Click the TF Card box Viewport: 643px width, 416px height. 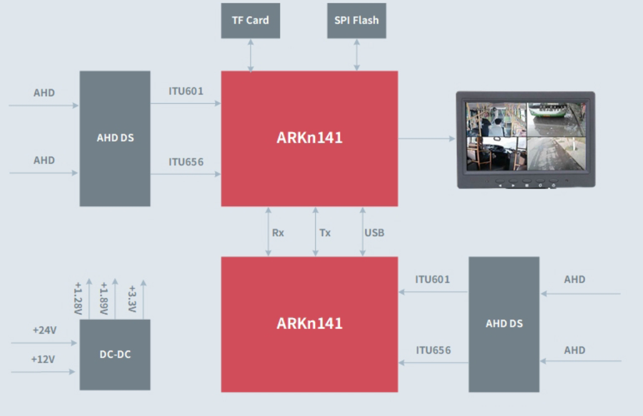pos(250,21)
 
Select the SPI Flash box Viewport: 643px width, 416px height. pos(356,21)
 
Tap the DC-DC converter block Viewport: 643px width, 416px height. pos(115,354)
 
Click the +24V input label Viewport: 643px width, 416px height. pos(44,330)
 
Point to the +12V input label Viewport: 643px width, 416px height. pos(43,359)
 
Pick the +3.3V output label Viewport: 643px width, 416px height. pos(132,299)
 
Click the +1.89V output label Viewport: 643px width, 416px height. pos(103,299)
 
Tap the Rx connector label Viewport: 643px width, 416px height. pos(278,233)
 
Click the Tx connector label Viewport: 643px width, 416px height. pos(325,233)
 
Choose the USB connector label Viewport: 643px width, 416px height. pos(374,233)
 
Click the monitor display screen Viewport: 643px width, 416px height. pos(525,136)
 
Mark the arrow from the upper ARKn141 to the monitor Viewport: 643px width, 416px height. pos(426,138)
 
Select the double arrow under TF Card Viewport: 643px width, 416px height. pos(250,55)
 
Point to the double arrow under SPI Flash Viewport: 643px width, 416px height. pos(356,55)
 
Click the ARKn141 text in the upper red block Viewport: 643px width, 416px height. pos(309,138)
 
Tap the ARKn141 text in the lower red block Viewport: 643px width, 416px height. pos(309,323)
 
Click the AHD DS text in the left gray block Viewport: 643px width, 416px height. pos(115,138)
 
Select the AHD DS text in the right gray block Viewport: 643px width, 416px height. pos(504,323)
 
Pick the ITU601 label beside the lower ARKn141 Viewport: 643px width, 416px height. pos(433,279)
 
